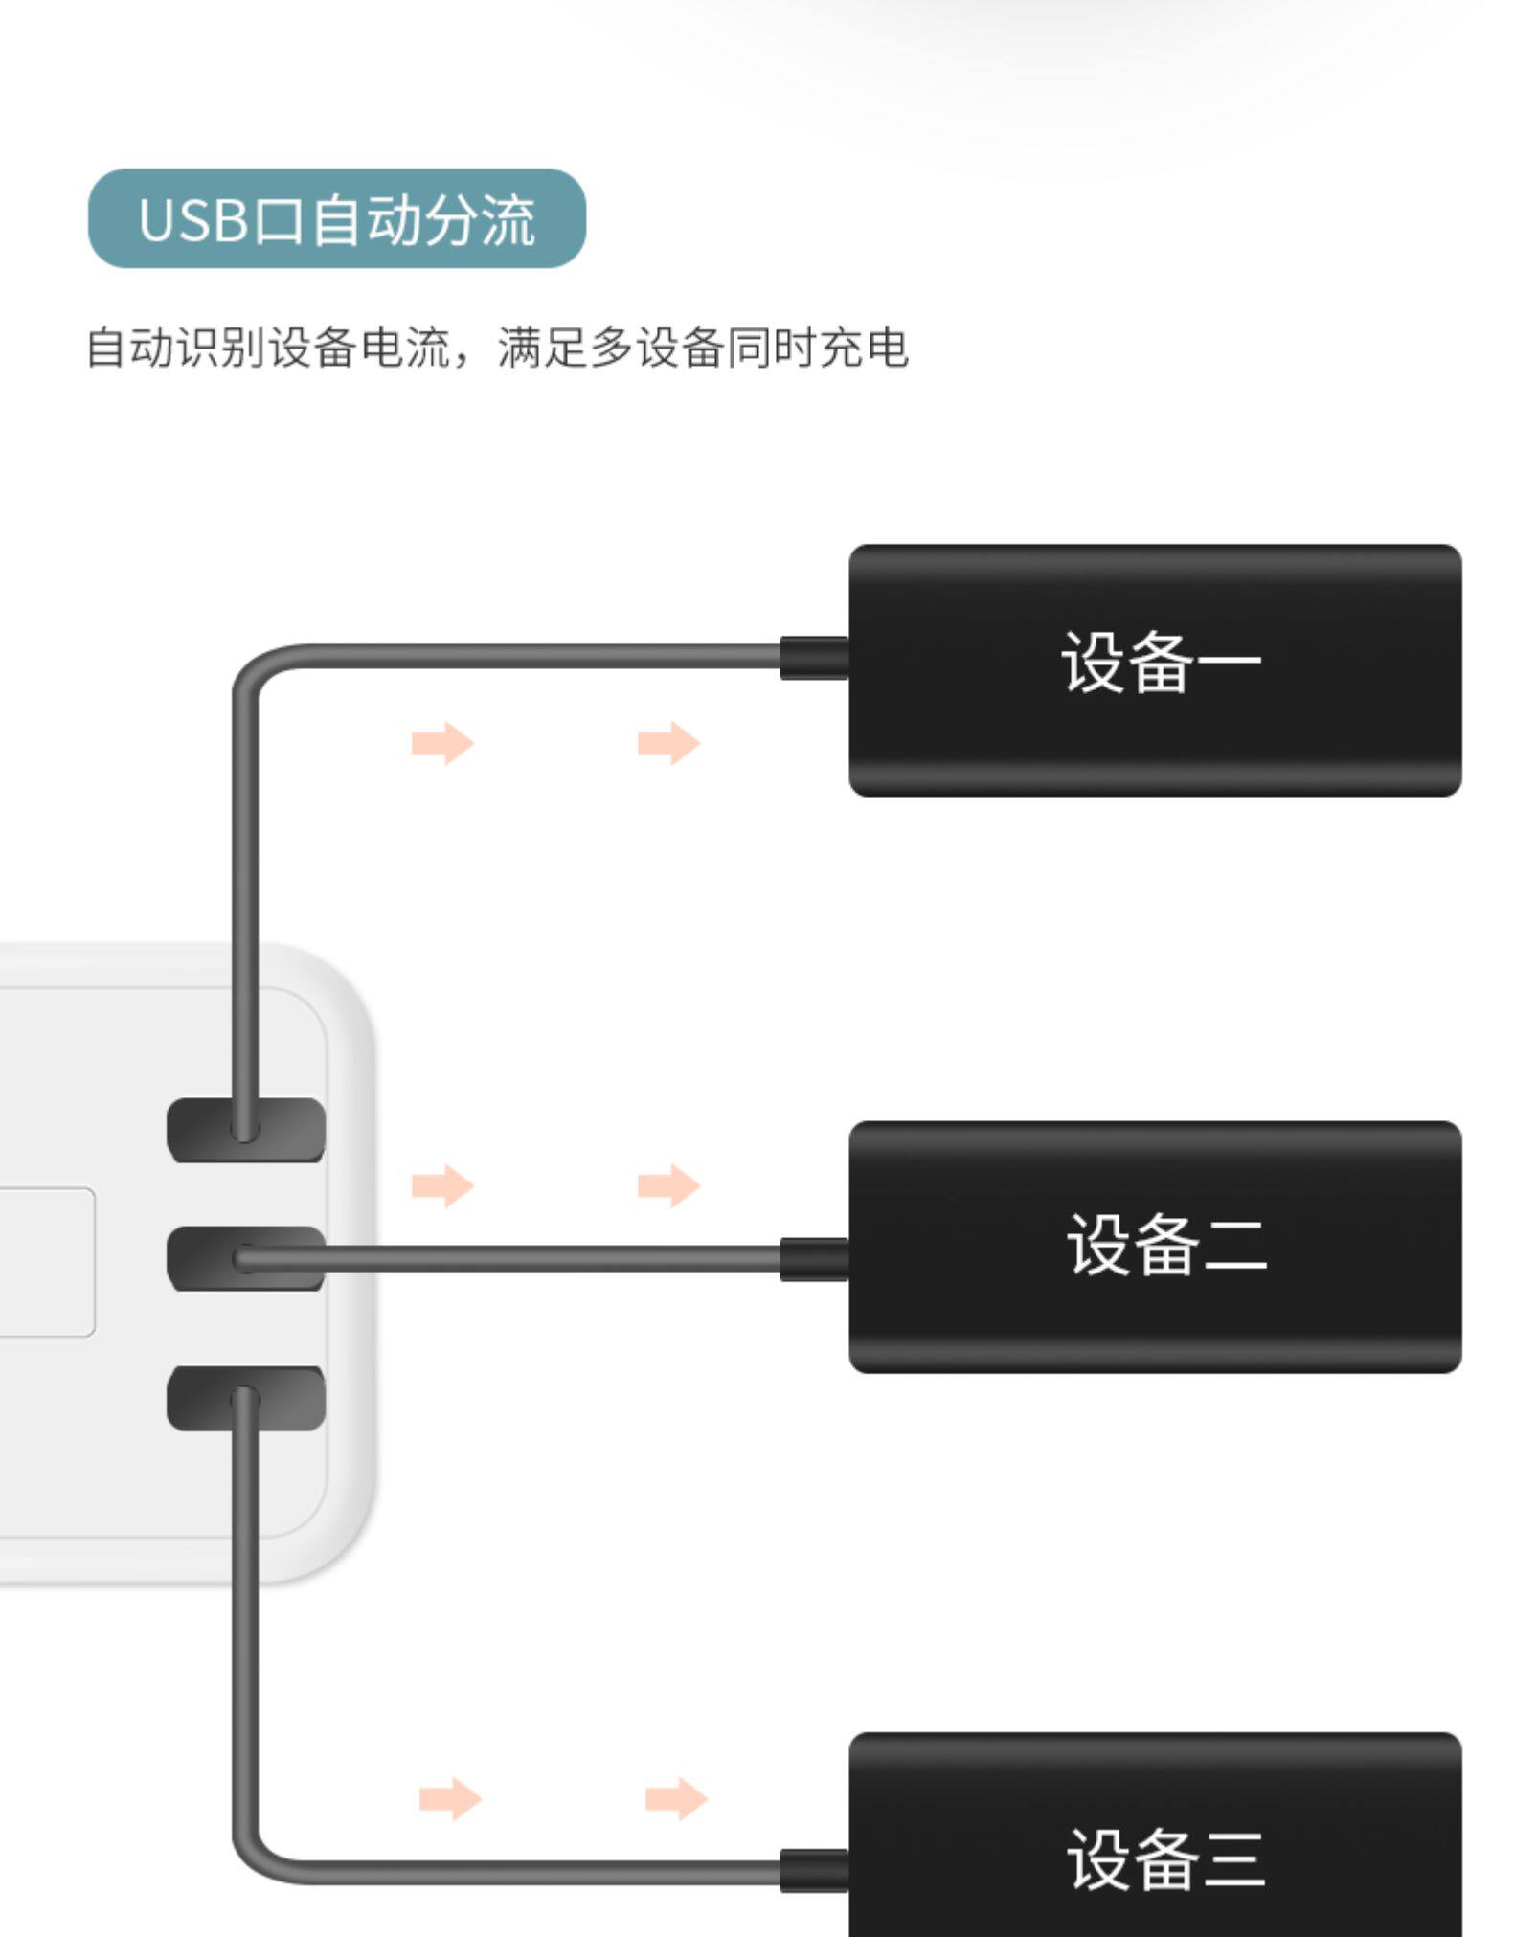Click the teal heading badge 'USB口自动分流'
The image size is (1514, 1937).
pos(336,218)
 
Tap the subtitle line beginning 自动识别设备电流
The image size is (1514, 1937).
pos(496,347)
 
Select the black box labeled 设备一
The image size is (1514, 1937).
pos(1154,669)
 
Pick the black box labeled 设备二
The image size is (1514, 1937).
pos(1154,1246)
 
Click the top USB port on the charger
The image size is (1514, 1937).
pos(246,1129)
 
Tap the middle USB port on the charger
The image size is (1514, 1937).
pos(246,1257)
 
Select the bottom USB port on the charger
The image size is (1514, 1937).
pos(246,1398)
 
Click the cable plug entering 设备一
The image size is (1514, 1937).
pos(814,658)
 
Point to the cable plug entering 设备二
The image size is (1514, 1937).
pos(814,1258)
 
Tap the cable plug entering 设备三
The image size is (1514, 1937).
pos(814,1870)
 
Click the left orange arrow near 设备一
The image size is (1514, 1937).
pos(442,743)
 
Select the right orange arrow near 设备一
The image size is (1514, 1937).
pos(668,743)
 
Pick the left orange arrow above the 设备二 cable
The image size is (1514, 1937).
pos(442,1185)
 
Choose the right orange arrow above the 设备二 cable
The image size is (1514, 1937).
pos(668,1185)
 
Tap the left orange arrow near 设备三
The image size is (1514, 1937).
pos(450,1798)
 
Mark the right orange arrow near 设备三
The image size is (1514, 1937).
pos(676,1798)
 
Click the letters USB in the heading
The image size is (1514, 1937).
pos(192,220)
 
